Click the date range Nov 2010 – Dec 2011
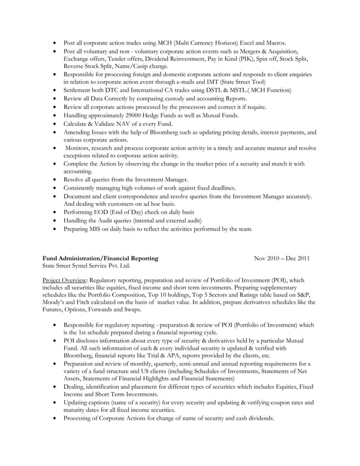click(x=282, y=258)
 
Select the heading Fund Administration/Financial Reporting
click(x=100, y=258)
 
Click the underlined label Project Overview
click(x=62, y=280)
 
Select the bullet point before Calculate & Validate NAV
click(x=54, y=124)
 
